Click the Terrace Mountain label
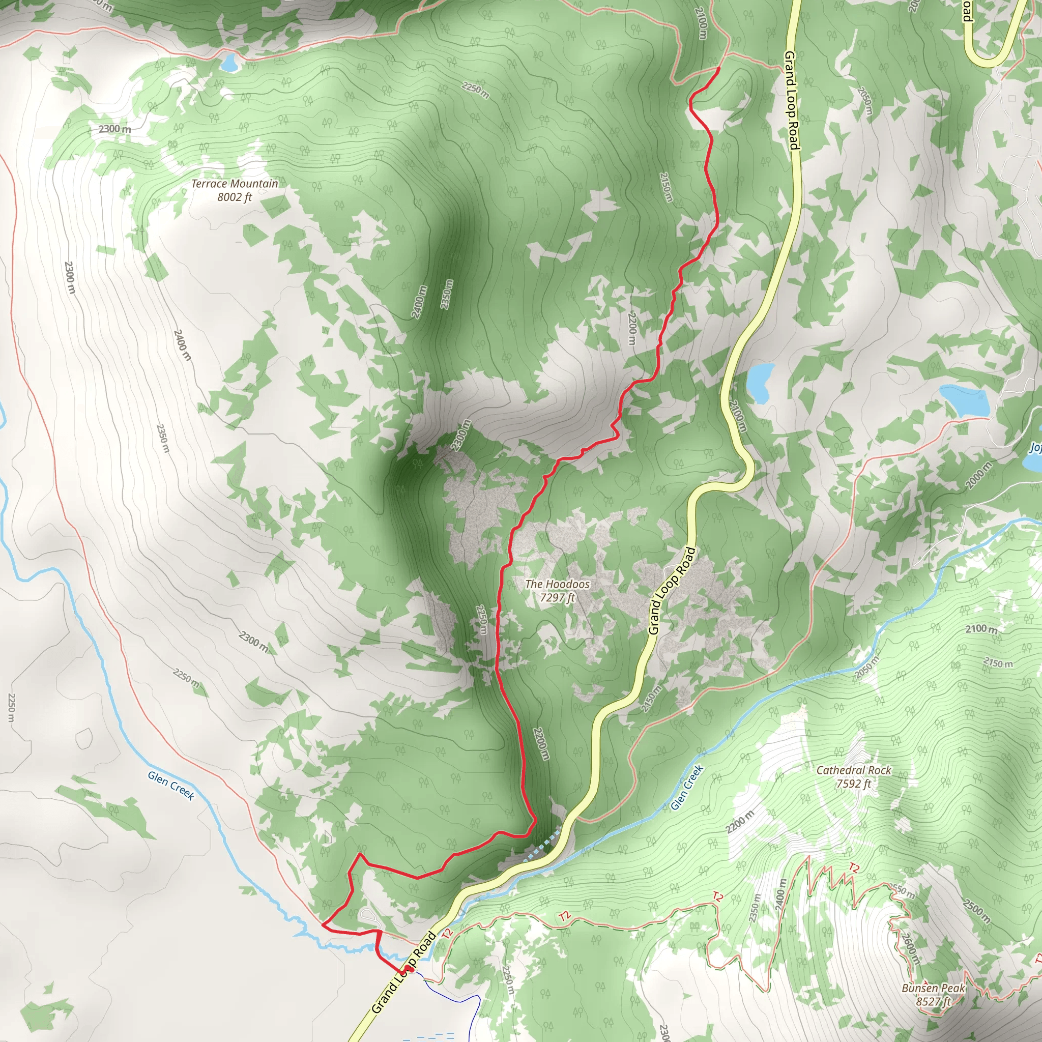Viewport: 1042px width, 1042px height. pyautogui.click(x=235, y=184)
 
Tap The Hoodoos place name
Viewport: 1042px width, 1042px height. pyautogui.click(x=557, y=584)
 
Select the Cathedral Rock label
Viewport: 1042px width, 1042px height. pyautogui.click(x=853, y=770)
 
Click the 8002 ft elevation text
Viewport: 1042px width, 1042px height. pyautogui.click(x=235, y=197)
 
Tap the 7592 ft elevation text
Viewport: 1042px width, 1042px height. pyautogui.click(x=853, y=784)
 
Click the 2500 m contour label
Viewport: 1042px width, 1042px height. pyautogui.click(x=977, y=911)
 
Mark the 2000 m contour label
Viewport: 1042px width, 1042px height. pyautogui.click(x=978, y=475)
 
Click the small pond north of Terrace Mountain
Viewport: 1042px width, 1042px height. pyautogui.click(x=229, y=64)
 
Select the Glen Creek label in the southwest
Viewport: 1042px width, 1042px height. pyautogui.click(x=170, y=785)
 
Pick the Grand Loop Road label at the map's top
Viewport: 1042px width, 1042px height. pyautogui.click(x=791, y=100)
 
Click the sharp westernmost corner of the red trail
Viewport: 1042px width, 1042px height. pyautogui.click(x=323, y=923)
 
